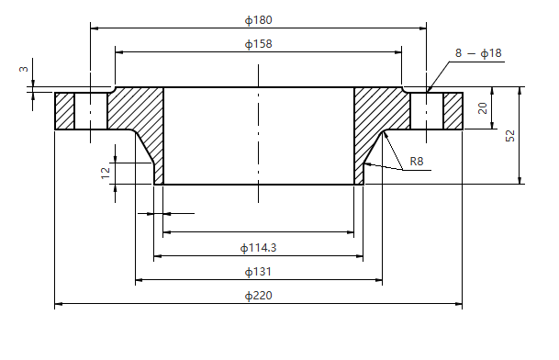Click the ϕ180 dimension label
pos(259,19)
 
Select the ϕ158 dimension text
pos(259,43)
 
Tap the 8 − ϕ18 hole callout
pos(478,54)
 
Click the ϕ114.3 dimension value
pos(258,247)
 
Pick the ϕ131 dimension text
pos(258,272)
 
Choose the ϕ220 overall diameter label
pos(258,296)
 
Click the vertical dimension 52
pos(510,135)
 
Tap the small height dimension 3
pos(24,68)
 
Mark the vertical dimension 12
pos(106,172)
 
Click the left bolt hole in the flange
pos(91,111)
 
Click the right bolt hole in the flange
pos(427,111)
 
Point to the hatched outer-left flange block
pos(64,111)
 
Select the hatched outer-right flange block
pos(453,111)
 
